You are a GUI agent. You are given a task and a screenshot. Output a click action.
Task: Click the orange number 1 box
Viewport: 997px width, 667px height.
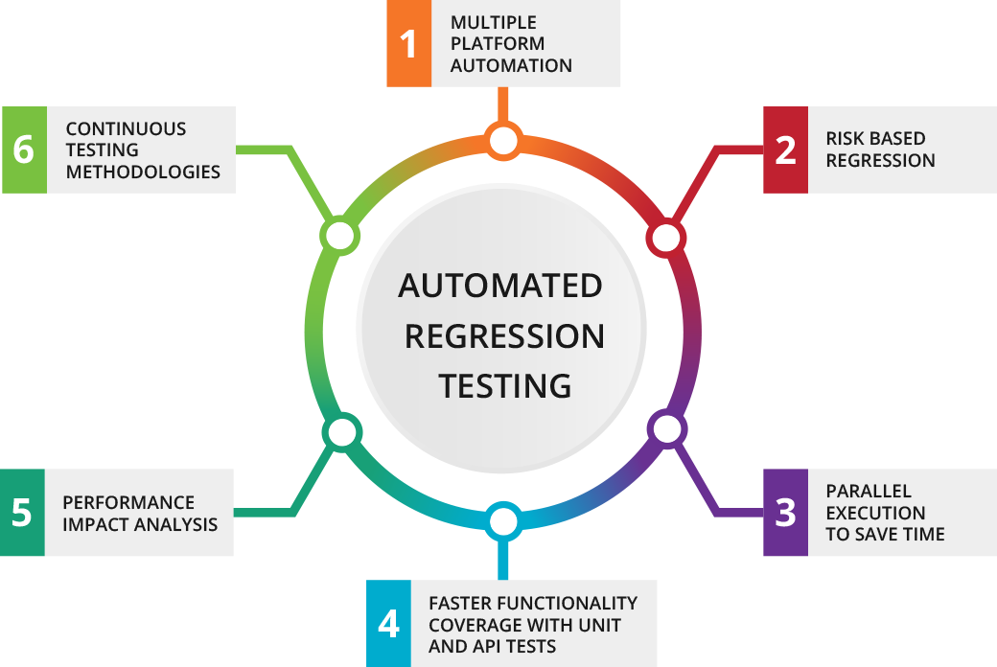409,44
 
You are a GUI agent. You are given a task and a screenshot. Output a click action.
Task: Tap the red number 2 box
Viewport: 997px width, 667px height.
786,149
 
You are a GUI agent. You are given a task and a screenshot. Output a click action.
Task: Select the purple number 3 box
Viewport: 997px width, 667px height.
786,513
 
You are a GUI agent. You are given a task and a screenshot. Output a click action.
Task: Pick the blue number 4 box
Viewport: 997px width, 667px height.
388,624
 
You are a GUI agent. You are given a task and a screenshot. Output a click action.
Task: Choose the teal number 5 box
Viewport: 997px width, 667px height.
22,513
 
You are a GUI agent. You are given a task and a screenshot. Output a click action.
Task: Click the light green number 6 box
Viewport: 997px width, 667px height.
23,150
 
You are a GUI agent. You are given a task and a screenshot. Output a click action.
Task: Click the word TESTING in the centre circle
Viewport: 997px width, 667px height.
504,385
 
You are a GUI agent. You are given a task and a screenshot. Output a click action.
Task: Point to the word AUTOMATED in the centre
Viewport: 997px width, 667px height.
500,286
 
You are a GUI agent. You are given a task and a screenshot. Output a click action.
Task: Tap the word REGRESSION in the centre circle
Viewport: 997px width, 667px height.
504,335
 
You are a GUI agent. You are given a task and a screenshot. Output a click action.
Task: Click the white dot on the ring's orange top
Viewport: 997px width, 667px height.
503,142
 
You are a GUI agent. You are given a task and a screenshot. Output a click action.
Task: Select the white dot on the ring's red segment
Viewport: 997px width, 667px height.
666,238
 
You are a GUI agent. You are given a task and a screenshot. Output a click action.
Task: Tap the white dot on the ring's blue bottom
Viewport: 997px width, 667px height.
503,522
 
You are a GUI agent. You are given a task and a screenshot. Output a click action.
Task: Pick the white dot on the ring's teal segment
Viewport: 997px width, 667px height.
341,433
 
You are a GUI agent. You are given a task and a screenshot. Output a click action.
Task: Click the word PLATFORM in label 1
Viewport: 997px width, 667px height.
498,44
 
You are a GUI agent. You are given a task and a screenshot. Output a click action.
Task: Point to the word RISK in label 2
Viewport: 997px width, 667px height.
846,139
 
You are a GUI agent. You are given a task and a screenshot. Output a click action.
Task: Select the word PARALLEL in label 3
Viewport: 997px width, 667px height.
869,492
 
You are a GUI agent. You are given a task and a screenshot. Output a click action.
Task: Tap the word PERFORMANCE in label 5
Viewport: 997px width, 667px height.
128,502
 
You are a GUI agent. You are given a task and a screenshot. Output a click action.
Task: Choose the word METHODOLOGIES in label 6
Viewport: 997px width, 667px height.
143,172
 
